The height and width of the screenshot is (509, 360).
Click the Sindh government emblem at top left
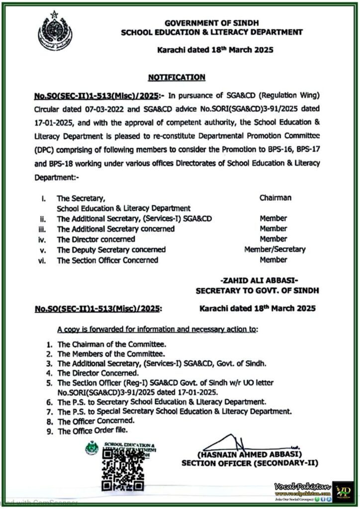click(x=55, y=31)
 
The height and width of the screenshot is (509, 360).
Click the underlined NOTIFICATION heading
click(x=177, y=77)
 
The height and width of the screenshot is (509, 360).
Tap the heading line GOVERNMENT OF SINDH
click(x=212, y=23)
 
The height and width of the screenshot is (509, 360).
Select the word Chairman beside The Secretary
click(x=275, y=198)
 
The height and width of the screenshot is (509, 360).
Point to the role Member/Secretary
click(x=275, y=250)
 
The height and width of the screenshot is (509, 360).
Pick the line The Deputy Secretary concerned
click(x=111, y=250)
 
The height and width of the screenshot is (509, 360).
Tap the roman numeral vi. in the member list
click(x=42, y=260)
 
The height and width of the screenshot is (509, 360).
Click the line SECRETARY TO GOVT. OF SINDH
click(x=258, y=290)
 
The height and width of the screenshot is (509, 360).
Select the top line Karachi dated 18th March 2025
click(x=215, y=50)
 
